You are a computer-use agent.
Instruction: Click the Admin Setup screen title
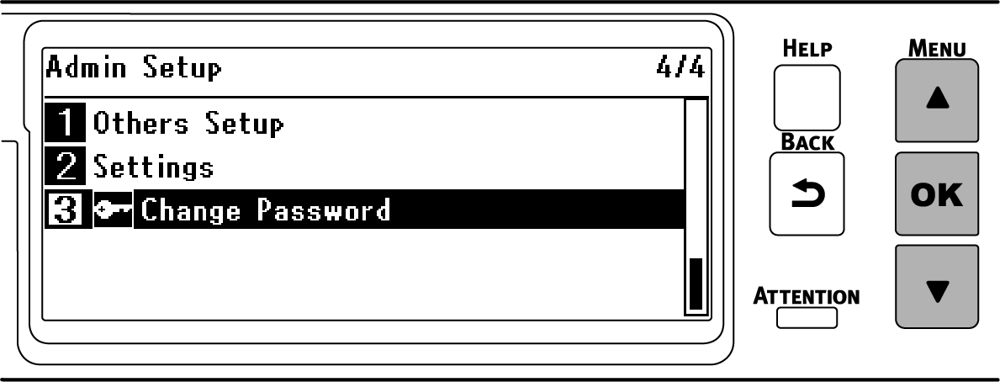[133, 67]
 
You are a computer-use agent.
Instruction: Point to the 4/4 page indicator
[680, 67]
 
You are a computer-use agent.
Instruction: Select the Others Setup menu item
[188, 125]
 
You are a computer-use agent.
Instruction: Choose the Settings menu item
[153, 167]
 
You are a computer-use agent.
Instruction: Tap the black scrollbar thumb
[696, 284]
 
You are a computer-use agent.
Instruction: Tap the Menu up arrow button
[938, 100]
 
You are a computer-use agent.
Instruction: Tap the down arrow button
[938, 288]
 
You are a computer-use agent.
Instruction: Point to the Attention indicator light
[807, 318]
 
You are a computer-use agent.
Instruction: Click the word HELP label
[807, 50]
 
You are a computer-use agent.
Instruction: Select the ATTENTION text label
[807, 296]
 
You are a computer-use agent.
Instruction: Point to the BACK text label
[807, 142]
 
